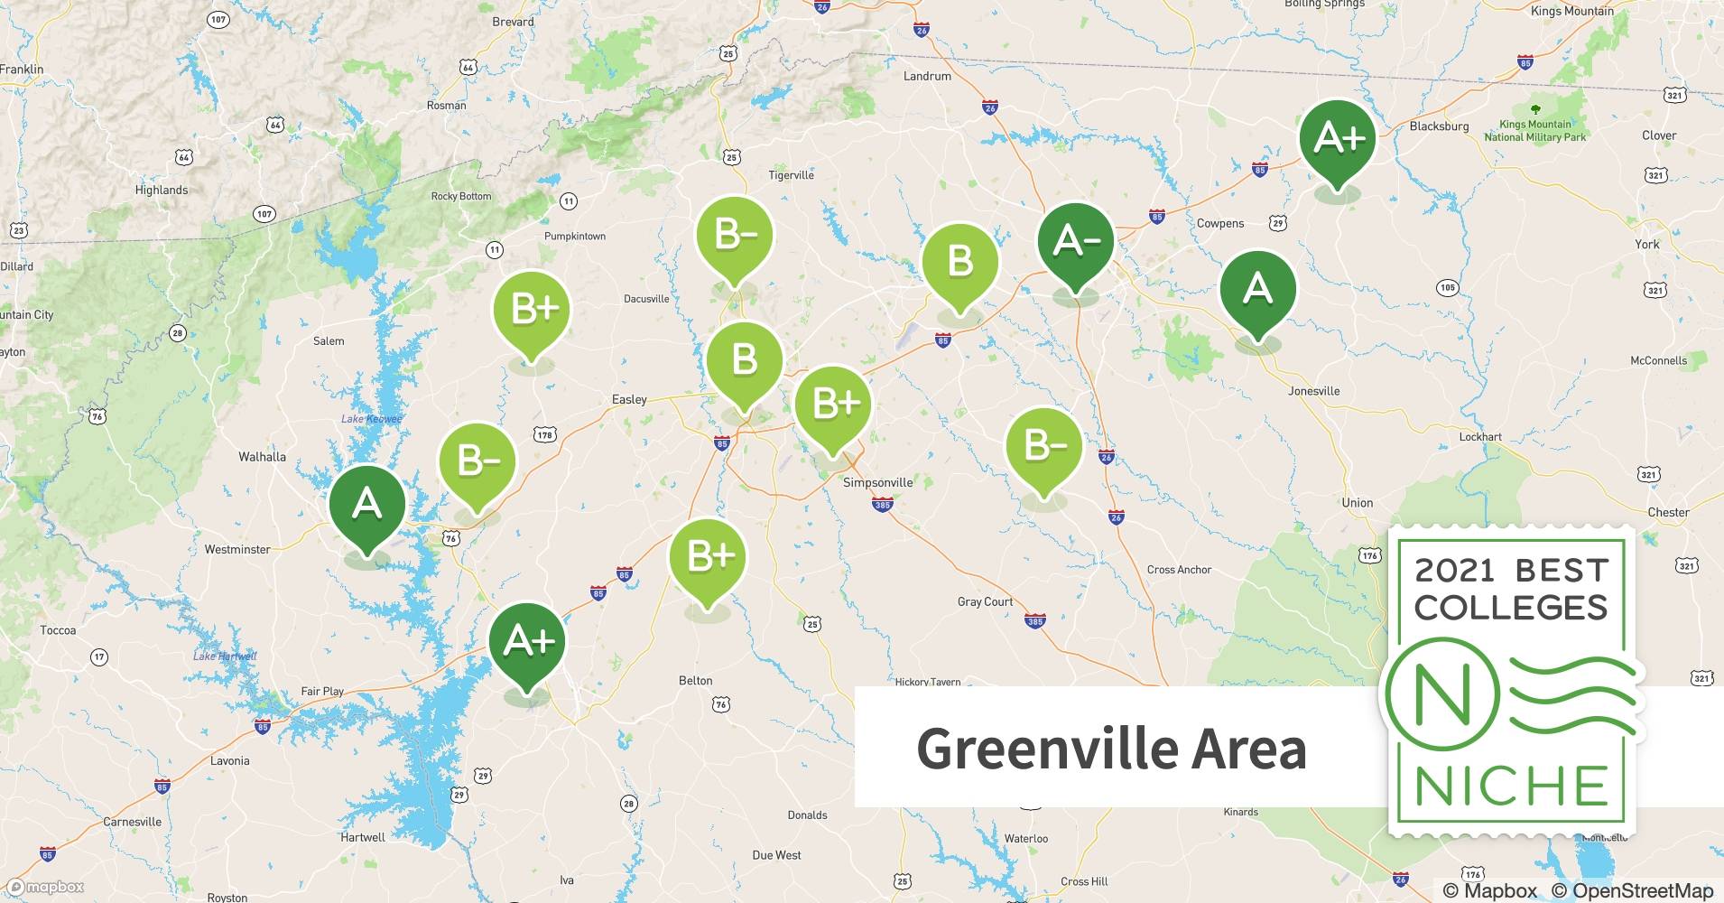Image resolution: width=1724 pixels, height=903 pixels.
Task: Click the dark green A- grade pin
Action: tap(1075, 242)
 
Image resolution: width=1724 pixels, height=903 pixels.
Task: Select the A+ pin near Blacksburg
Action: tap(1338, 139)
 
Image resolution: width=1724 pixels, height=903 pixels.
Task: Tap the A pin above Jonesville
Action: tap(1257, 290)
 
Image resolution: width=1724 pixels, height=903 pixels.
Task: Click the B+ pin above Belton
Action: tap(708, 557)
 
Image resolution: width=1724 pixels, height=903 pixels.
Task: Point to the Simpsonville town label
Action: tap(877, 482)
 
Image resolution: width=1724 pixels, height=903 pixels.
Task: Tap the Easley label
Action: tap(629, 399)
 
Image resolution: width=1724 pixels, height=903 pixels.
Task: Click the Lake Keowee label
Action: tap(371, 419)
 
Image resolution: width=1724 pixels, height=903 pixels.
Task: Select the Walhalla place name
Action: tap(262, 457)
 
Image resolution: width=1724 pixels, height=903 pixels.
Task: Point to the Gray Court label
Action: tap(985, 601)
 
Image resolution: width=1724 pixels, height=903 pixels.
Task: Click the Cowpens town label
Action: tap(1220, 223)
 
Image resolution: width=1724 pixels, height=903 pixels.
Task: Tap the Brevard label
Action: tap(513, 22)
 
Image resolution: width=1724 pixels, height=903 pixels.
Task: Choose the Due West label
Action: tap(776, 855)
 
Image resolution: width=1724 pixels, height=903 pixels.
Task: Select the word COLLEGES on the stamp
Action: tap(1511, 608)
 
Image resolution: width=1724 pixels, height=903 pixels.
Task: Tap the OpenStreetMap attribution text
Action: tap(1632, 890)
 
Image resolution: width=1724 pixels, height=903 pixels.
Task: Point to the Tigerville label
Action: tap(791, 175)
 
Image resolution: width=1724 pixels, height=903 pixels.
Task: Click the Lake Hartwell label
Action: tap(225, 656)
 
